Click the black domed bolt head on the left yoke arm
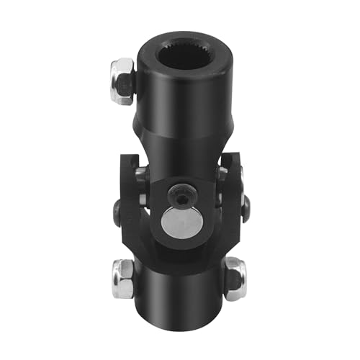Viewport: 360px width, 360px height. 117,210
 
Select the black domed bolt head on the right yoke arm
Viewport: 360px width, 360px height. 245,209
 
